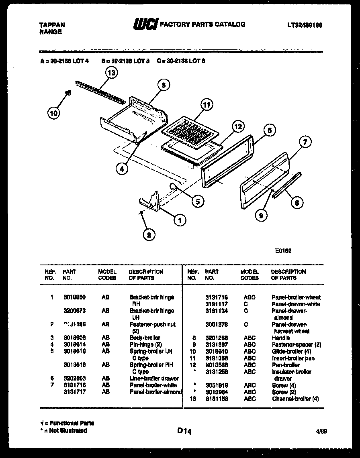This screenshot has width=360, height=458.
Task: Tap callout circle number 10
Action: coord(53,114)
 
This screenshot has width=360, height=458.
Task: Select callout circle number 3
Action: coord(163,85)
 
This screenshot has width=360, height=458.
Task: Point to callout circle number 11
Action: coord(206,106)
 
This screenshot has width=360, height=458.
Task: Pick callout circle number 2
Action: coord(149,235)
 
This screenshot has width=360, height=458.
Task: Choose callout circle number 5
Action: coord(197,202)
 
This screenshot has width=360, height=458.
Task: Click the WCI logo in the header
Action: coord(145,24)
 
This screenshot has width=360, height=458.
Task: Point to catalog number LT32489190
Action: coord(305,25)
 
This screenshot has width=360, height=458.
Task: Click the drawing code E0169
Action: coord(283,251)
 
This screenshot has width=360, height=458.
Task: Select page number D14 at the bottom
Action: coord(184,431)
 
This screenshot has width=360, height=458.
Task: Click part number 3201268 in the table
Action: coord(216,338)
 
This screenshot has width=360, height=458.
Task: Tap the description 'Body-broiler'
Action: coord(145,338)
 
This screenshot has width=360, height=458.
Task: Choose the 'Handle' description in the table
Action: coord(280,338)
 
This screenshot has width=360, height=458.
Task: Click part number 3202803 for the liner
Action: coord(74,379)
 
